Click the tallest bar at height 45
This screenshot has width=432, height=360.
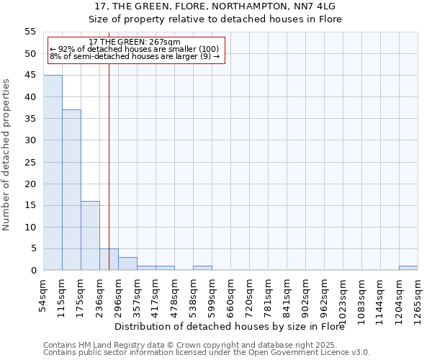click(53, 173)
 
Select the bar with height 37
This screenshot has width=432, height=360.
click(71, 190)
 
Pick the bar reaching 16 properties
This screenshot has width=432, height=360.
click(90, 235)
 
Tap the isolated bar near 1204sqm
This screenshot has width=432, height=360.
click(408, 268)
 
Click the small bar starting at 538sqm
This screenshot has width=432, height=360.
click(202, 268)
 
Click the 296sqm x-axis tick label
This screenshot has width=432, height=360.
click(119, 294)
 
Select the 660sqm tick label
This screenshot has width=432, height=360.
click(231, 294)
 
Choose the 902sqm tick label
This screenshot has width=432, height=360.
click(306, 294)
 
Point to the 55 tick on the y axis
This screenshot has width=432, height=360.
click(30, 32)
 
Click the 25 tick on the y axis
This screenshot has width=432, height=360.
click(30, 162)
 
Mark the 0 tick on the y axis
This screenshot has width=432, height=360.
click(33, 271)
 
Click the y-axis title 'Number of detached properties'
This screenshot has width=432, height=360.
click(6, 154)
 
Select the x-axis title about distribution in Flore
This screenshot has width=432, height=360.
click(230, 326)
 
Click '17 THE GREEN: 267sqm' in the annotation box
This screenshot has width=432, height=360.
click(135, 42)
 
